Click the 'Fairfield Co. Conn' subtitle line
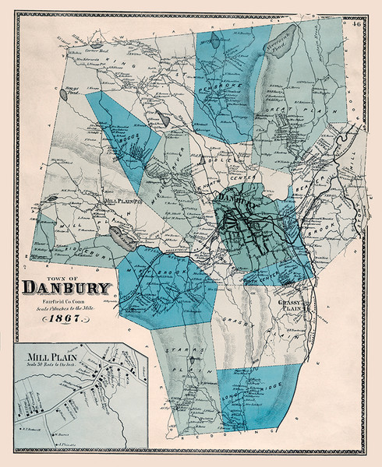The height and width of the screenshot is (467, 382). coord(67,301)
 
